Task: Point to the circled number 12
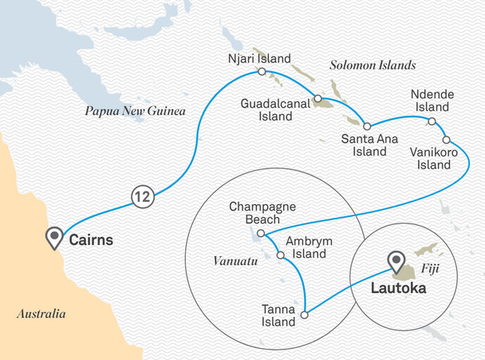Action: pyautogui.click(x=141, y=196)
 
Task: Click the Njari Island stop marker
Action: pyautogui.click(x=261, y=72)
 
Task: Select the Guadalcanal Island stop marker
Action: pyautogui.click(x=317, y=100)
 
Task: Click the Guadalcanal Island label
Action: pyautogui.click(x=271, y=110)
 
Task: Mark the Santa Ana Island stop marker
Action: pyautogui.click(x=367, y=126)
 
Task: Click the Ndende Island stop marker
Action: pyautogui.click(x=432, y=121)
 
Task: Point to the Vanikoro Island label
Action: pyautogui.click(x=434, y=156)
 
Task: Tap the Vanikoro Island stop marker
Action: pyautogui.click(x=445, y=136)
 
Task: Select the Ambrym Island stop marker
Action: pyautogui.click(x=280, y=255)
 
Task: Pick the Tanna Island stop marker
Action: pyautogui.click(x=305, y=315)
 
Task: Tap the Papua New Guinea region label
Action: pyautogui.click(x=135, y=112)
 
